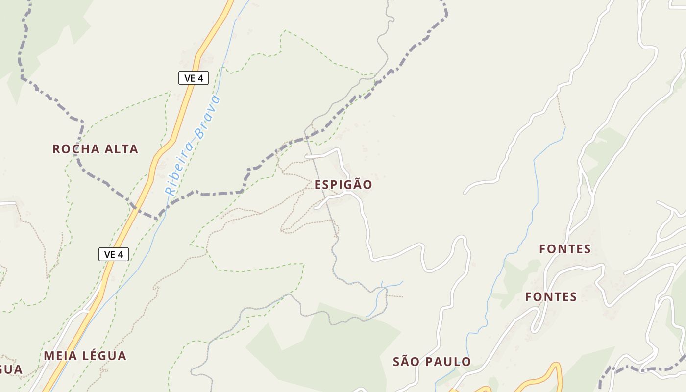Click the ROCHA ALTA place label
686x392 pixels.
96,149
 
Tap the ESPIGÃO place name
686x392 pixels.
343,185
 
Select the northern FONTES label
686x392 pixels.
565,249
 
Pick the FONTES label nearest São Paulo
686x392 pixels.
551,296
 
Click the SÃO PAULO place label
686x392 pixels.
432,362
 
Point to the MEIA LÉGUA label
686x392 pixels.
85,356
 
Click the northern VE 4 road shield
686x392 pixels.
194,78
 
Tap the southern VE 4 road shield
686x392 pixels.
114,254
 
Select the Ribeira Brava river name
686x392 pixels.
193,146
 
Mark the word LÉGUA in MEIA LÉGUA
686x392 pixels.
104,356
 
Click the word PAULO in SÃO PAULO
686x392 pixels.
447,362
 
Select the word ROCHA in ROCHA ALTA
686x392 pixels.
74,149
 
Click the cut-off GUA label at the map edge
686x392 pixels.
11,369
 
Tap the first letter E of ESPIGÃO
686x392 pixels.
318,185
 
